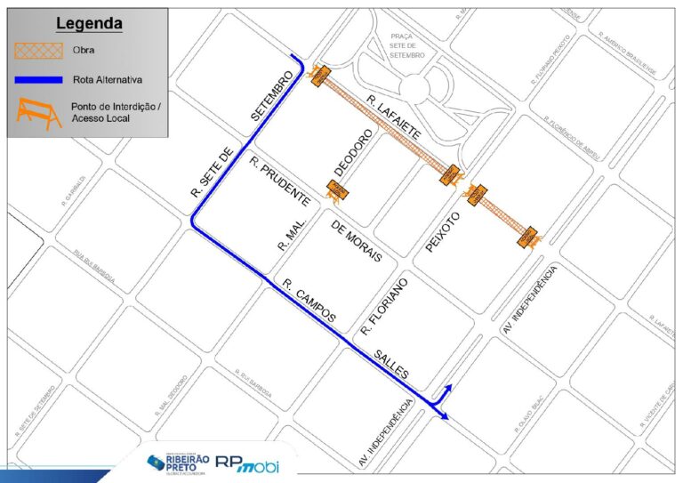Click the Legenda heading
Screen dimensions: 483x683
89,23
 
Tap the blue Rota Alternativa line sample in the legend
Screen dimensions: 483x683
37,80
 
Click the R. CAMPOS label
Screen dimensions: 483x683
309,301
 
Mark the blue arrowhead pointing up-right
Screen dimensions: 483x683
449,388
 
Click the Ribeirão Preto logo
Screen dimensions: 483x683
179,463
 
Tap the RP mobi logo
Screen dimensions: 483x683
258,463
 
